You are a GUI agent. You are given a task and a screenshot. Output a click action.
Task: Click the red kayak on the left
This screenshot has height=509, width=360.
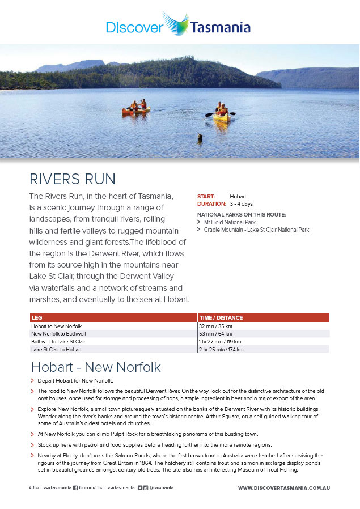(x=136, y=110)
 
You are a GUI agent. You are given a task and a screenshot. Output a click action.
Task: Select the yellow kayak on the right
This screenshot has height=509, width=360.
(x=221, y=116)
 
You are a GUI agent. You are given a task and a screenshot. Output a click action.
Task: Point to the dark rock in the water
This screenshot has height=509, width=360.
(x=200, y=137)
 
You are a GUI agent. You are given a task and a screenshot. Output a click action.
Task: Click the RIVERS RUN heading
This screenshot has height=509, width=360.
(x=73, y=179)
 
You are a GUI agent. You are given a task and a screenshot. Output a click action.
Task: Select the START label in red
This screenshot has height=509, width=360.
(x=206, y=197)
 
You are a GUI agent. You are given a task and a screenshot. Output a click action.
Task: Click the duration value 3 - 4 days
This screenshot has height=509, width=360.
(x=241, y=204)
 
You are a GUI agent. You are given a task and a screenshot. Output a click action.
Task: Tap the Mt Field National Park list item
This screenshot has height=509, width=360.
(x=230, y=223)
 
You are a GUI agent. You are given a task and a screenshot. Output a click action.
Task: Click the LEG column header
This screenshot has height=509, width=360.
(x=37, y=318)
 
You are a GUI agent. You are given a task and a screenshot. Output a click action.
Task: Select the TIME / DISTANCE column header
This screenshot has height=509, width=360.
(x=221, y=318)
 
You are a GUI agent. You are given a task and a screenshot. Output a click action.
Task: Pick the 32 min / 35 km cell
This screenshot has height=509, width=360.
(x=216, y=326)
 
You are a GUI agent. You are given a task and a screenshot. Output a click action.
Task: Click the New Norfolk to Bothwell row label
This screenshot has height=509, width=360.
(x=58, y=334)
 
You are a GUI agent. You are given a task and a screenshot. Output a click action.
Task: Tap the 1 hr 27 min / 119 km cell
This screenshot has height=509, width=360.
(x=221, y=342)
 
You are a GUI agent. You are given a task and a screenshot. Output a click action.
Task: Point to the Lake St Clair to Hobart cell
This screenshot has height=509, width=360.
(x=57, y=350)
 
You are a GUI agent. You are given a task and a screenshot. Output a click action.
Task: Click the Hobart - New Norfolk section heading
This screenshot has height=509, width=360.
(x=96, y=367)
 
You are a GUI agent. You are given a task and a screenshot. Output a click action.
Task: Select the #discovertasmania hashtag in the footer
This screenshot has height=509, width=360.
(x=49, y=487)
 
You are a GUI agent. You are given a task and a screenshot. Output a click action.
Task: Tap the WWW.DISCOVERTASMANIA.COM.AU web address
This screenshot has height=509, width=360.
(x=284, y=487)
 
